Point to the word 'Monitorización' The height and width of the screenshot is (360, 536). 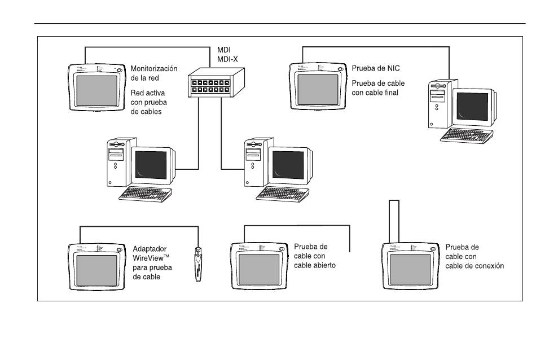pyautogui.click(x=154, y=68)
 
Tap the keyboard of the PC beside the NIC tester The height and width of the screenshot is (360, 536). pyautogui.click(x=467, y=135)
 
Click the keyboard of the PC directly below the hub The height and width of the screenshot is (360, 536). pyautogui.click(x=283, y=192)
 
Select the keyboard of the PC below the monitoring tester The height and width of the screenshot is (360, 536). pyautogui.click(x=146, y=192)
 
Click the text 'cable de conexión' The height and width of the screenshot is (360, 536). pyautogui.click(x=475, y=265)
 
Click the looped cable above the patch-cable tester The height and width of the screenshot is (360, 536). pyautogui.click(x=394, y=220)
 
